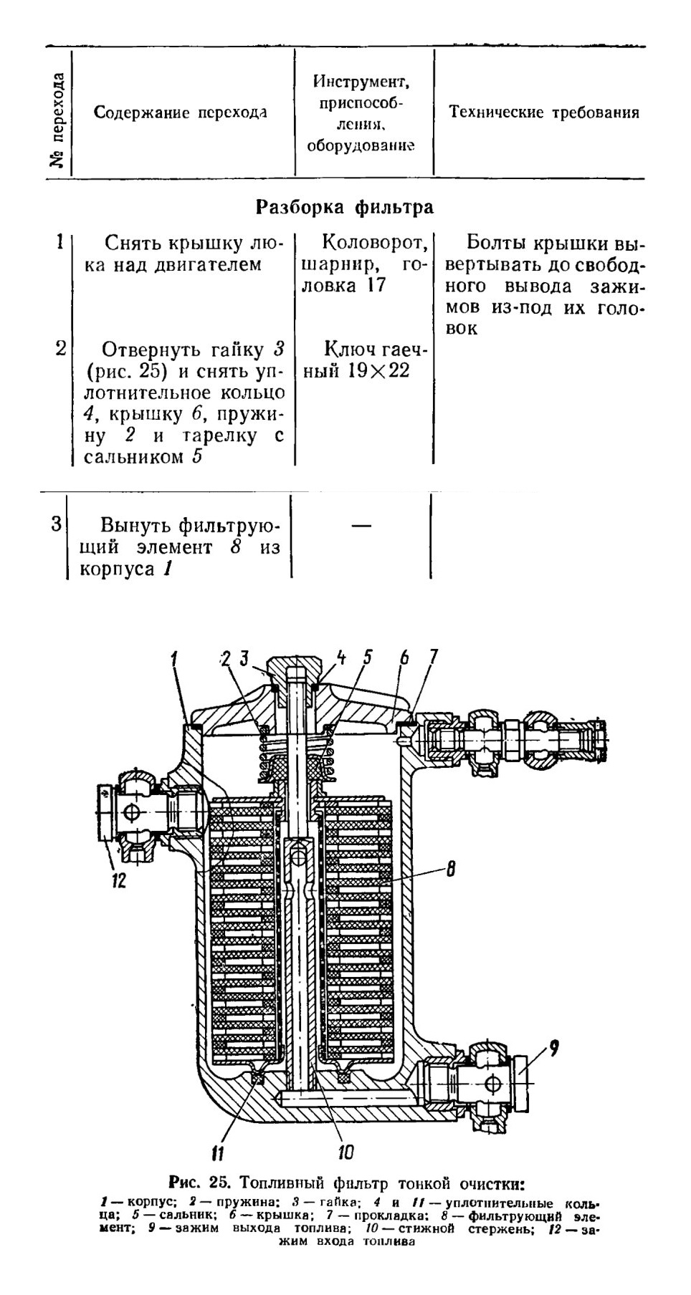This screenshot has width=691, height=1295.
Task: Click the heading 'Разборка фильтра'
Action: (345, 207)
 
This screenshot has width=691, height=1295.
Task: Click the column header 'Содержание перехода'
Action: (181, 112)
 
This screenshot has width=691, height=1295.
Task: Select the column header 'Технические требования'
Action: (544, 112)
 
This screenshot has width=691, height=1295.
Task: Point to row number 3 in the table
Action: (57, 524)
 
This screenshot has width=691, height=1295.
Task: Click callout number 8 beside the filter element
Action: (451, 870)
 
